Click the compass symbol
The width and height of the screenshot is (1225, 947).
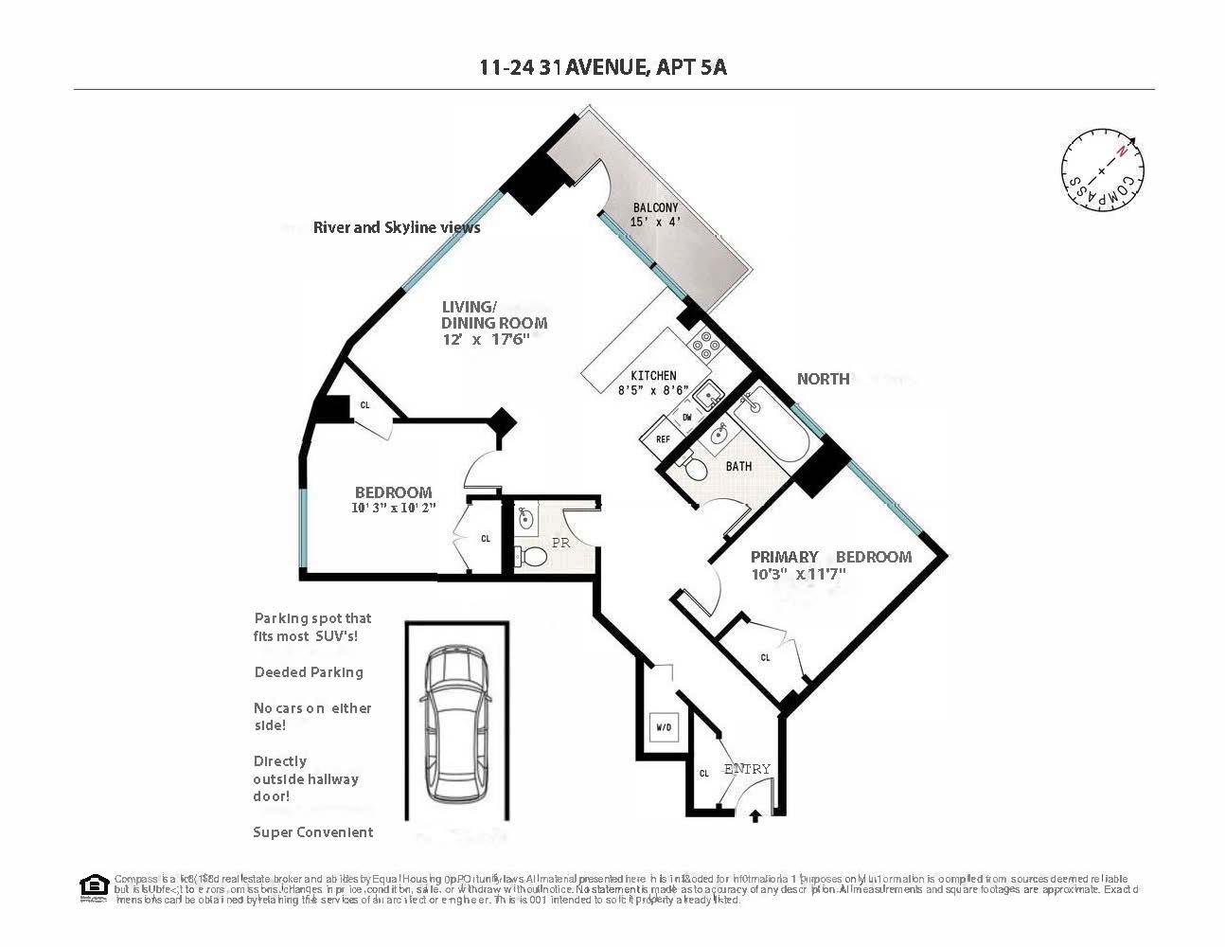(1102, 172)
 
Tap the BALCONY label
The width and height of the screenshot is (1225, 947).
(655, 208)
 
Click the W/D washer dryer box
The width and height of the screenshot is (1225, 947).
(663, 727)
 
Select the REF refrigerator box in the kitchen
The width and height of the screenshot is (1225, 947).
(662, 439)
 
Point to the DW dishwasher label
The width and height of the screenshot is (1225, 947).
(687, 417)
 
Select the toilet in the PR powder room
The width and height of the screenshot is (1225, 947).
(533, 557)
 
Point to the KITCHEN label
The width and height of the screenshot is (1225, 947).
(653, 376)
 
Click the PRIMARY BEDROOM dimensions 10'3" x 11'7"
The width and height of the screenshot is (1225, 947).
(798, 574)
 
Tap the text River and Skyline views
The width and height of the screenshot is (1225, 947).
(397, 227)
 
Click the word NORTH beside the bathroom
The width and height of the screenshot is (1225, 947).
(823, 379)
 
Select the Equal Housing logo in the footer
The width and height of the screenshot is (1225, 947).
(94, 886)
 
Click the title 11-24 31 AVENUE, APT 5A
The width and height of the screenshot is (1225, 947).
(603, 67)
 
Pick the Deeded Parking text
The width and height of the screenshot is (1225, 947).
(309, 672)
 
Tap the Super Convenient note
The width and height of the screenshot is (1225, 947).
(312, 832)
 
